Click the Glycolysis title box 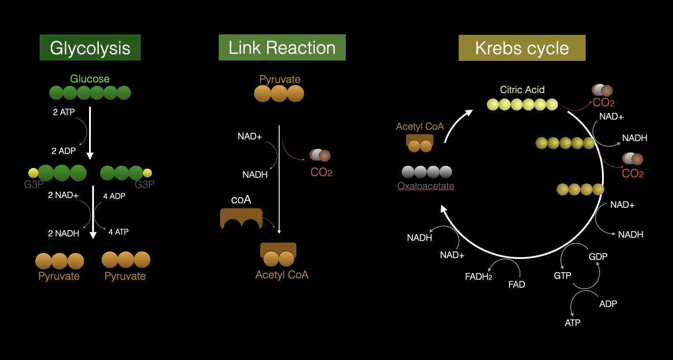point(90,48)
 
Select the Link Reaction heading point(282,48)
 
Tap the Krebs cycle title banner point(522,48)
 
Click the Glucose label point(90,79)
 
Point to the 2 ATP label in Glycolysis point(64,112)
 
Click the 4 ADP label point(114,196)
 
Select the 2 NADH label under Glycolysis point(64,233)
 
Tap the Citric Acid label point(522,90)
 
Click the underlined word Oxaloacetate point(426,186)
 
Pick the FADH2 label point(479,277)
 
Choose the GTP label point(562,276)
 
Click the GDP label point(598,257)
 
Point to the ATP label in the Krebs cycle point(572,323)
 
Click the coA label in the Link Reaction point(241,200)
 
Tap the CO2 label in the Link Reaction point(321,172)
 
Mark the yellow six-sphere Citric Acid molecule point(522,105)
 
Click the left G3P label point(34,184)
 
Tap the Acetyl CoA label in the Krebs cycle point(420,127)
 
